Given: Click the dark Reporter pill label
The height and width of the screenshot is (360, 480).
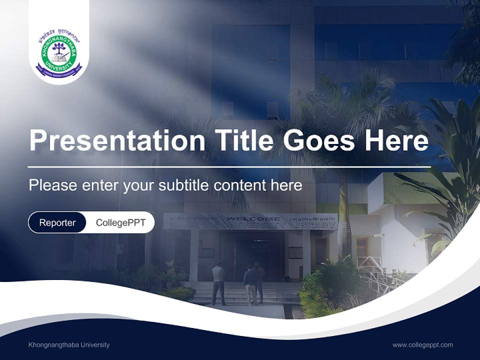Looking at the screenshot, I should tap(57, 222).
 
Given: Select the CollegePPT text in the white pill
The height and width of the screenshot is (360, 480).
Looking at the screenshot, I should tap(120, 222).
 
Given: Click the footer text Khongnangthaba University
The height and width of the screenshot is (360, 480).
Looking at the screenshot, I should tap(69, 344).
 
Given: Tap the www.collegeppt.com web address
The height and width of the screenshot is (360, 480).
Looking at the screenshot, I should tap(422, 344).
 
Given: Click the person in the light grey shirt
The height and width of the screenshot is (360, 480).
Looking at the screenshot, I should tap(218, 283).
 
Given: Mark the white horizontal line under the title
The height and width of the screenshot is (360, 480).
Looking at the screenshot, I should tap(229, 166).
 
